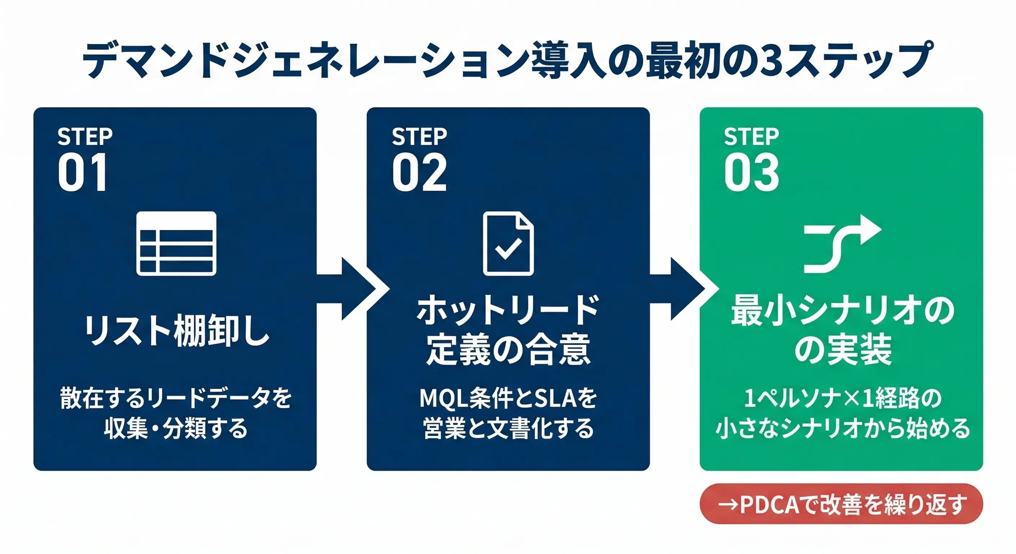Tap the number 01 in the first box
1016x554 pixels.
coord(83,173)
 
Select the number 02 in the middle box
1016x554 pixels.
coord(419,173)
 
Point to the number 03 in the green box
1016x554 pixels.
coord(751,173)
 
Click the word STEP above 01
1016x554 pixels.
coord(85,136)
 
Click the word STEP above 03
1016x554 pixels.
coord(751,136)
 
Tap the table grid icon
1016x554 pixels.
coord(176,243)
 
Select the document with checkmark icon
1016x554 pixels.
coord(508,243)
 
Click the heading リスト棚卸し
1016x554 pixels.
coord(176,330)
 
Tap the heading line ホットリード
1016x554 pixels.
coord(508,311)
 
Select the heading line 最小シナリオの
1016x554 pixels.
coord(842,311)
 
